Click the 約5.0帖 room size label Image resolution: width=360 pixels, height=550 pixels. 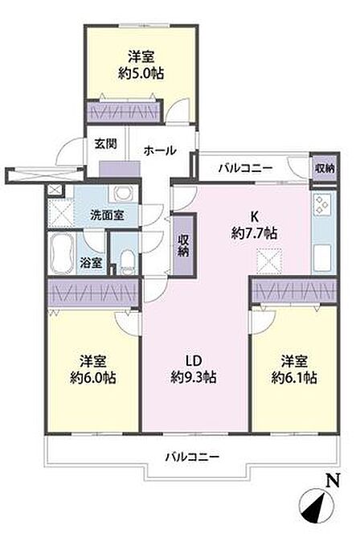[141, 73]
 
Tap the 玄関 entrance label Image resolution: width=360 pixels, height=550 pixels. [105, 144]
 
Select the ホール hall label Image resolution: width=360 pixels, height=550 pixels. [159, 151]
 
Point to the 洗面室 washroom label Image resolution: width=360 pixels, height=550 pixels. [107, 215]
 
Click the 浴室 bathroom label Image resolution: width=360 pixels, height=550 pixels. [91, 262]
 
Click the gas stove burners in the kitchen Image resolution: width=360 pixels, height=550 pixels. [322, 204]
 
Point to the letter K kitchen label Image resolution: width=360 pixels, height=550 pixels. [254, 217]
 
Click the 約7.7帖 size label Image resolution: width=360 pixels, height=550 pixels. [254, 232]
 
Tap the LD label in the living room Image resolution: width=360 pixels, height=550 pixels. [193, 361]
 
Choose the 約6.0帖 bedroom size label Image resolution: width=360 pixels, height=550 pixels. [93, 377]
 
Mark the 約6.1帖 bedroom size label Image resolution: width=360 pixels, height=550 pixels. [294, 377]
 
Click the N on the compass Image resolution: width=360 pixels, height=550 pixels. [333, 481]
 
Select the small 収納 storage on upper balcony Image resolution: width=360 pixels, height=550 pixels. [325, 168]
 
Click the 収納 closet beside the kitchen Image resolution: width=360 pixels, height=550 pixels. [183, 245]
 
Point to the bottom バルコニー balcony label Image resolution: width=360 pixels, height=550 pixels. [192, 457]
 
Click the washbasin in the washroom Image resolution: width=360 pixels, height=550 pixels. [121, 194]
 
